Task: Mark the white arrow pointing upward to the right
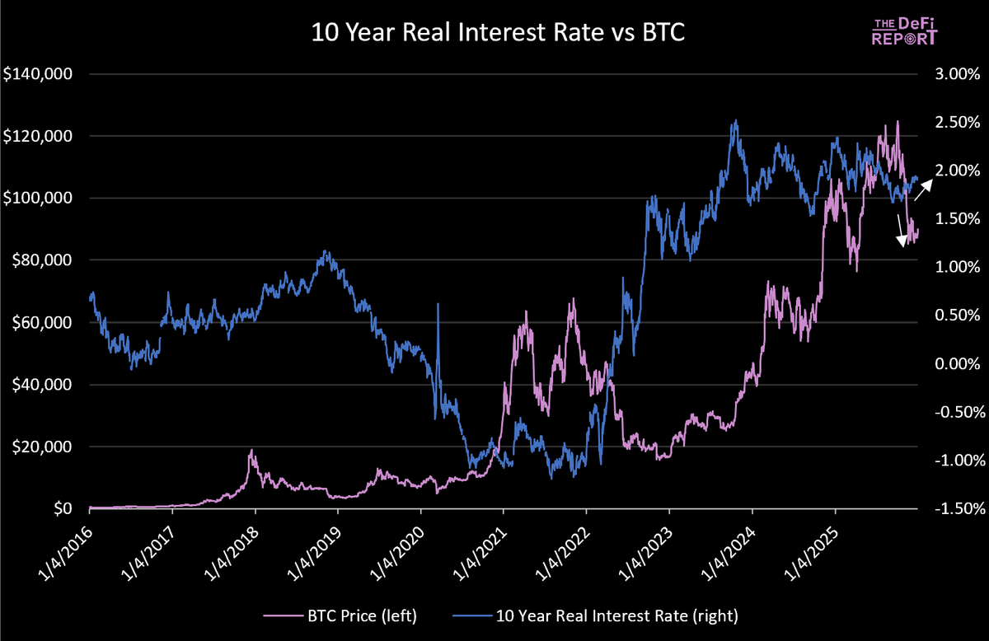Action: point(923,192)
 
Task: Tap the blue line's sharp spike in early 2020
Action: point(438,305)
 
